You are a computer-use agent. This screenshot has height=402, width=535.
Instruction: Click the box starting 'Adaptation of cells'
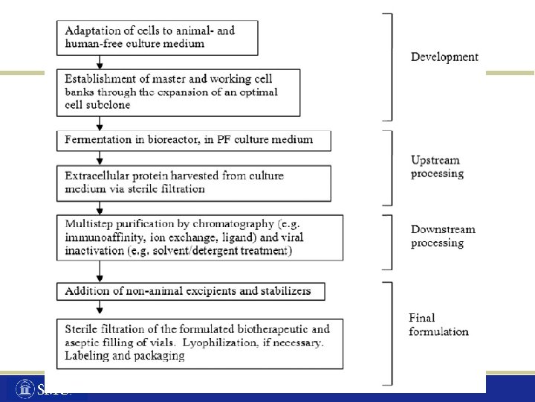coord(158,37)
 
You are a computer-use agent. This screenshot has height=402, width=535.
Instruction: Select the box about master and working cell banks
coord(178,93)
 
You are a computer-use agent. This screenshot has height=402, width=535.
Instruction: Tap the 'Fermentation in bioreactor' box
coord(193,140)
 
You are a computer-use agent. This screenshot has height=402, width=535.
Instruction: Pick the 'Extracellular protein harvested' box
coord(193,182)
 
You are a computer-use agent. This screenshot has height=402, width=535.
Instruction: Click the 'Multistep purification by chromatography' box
coord(199,237)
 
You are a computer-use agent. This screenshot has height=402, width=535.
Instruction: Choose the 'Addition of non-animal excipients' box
coord(190,290)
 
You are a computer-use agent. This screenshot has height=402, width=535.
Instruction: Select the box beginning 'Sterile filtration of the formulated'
coord(199,342)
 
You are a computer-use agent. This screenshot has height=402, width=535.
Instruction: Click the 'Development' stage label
coord(444,57)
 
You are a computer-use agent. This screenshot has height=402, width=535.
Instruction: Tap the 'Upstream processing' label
coord(437,167)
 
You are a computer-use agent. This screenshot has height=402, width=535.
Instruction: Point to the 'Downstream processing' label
coord(443,236)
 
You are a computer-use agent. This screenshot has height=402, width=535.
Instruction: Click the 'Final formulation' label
coord(438,325)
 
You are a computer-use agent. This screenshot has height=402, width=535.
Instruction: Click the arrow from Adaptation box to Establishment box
coord(100,63)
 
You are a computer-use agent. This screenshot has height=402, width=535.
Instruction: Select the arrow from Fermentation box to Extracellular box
coord(100,158)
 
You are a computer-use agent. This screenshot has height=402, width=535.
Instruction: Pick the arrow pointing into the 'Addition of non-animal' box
coord(100,272)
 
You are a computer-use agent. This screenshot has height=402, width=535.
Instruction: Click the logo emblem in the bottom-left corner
coord(25,389)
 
